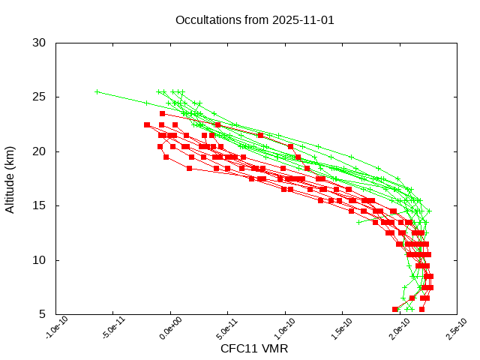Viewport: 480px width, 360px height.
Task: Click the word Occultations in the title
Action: [x=206, y=19]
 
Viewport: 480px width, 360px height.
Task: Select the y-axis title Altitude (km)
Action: [x=10, y=178]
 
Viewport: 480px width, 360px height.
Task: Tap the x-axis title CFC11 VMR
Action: [x=254, y=349]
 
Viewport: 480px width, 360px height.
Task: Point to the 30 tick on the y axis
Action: [x=39, y=43]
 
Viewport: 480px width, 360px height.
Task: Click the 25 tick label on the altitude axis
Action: [x=39, y=97]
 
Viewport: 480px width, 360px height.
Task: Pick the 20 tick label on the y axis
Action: [x=39, y=151]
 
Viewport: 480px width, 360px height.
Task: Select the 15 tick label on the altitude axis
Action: [x=39, y=205]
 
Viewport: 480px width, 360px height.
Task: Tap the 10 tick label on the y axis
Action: [x=39, y=260]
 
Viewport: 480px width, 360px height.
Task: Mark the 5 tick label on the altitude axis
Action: [x=42, y=314]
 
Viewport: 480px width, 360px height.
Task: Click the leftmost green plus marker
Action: [x=97, y=91]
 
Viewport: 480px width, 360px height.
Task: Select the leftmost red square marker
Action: [x=147, y=124]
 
